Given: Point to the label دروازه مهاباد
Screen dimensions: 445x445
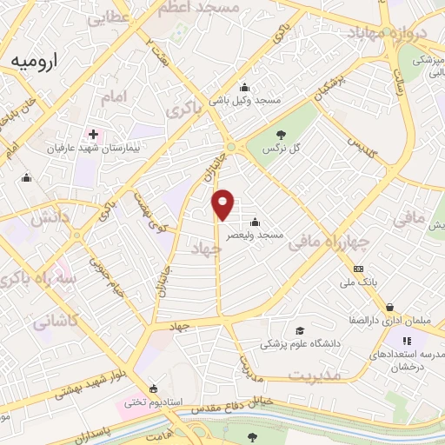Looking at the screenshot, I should (389, 33).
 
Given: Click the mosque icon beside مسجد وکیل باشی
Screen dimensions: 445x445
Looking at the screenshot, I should (245, 87).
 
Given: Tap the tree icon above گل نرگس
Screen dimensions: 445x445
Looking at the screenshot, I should (281, 134).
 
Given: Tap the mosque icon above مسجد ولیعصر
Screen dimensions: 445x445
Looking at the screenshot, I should (253, 221).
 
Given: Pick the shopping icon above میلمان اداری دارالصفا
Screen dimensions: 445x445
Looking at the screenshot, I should (391, 306).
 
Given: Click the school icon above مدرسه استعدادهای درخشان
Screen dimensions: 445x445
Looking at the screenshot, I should (405, 339).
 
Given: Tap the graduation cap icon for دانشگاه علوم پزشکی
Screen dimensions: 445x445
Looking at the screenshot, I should (300, 331).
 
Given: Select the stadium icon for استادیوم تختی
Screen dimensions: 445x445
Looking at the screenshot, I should (154, 389).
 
